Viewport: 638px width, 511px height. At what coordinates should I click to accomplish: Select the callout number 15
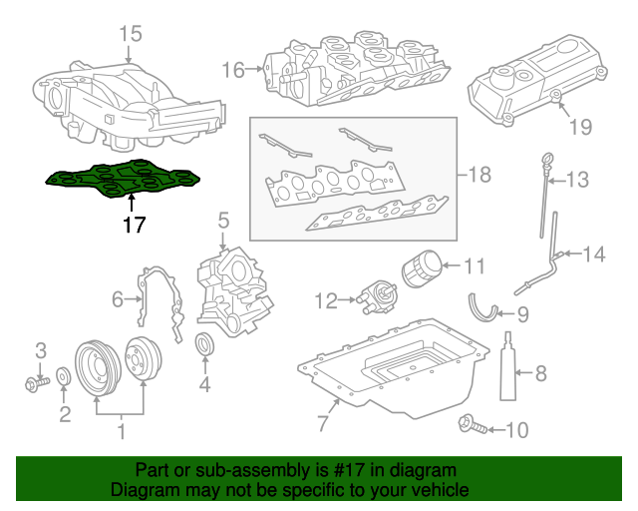tap(132, 35)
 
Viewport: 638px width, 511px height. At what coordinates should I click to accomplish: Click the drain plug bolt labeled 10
tap(472, 428)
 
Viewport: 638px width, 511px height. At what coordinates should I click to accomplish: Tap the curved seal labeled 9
tap(485, 306)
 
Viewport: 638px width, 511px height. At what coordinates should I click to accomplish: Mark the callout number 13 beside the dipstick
tap(578, 180)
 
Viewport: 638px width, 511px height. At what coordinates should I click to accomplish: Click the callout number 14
tap(593, 255)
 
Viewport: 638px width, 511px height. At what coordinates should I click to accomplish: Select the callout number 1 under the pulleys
tap(121, 432)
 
